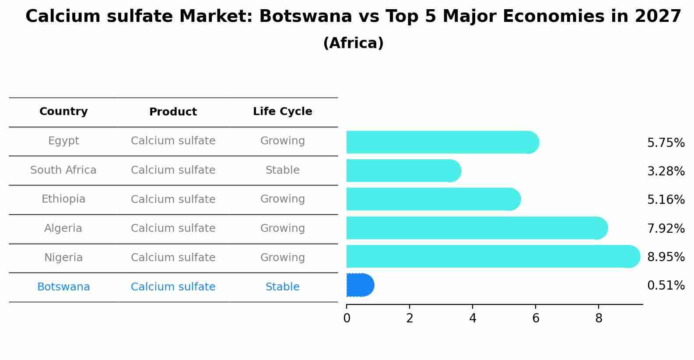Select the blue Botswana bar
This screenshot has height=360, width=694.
coord(360,285)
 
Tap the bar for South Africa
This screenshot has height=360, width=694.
coord(403,171)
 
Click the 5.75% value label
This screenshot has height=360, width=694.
coord(666,143)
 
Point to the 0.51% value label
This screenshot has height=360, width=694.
coord(666,286)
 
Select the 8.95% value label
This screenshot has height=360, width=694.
coord(666,257)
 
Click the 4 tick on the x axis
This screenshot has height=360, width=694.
coord(473,318)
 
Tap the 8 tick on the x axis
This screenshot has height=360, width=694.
coord(599,318)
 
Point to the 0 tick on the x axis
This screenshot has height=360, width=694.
coord(347,318)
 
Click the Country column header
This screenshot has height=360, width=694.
coord(63,112)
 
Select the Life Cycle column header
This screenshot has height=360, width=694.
coord(282,112)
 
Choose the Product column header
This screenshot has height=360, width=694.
coord(173,112)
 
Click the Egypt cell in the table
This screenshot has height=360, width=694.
coord(63,141)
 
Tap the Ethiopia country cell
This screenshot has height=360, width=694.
coord(63,199)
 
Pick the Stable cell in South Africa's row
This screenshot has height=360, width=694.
coord(282,170)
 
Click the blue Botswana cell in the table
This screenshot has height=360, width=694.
coord(63,287)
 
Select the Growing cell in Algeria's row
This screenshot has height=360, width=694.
coord(282,228)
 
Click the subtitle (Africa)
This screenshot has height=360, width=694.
coord(353,43)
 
